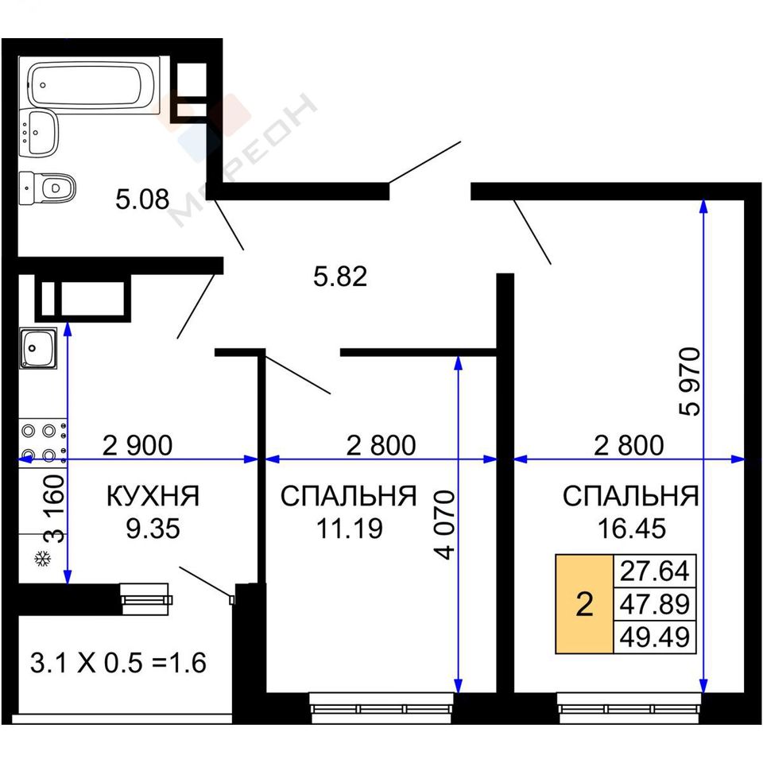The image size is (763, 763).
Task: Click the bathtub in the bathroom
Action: point(92,85)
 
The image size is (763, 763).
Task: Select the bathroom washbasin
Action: point(38,133)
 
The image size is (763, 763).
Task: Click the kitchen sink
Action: point(38,348)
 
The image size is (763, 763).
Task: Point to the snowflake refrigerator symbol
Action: point(43,559)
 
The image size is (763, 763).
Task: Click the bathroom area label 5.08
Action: point(142,199)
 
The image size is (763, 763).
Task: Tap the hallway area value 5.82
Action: point(340,277)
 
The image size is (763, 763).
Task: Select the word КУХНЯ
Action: point(153,496)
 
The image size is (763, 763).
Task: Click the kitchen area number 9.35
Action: point(153,529)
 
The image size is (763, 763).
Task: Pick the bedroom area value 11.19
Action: point(350,529)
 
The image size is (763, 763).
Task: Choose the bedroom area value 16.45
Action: point(631,529)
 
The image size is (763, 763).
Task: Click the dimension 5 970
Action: point(690,381)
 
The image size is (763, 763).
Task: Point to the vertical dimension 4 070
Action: point(445,525)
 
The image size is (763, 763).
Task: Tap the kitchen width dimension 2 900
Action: point(137,445)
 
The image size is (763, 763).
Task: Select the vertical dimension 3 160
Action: point(54,509)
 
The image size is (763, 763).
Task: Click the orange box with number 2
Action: point(584,604)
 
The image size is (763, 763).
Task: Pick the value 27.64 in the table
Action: point(654,571)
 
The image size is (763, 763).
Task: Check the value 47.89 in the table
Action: point(654,604)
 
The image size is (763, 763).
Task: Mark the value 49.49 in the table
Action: point(654,637)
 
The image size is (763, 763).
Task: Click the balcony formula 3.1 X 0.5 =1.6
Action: point(118,663)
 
